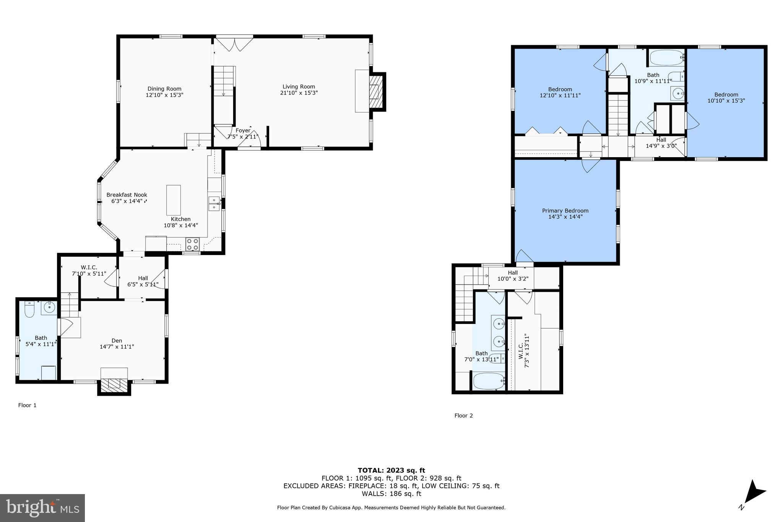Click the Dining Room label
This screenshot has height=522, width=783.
point(164,89)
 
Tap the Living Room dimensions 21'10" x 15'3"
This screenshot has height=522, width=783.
point(299,93)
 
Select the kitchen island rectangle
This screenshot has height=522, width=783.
point(174,200)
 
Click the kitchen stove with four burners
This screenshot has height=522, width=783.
point(192,244)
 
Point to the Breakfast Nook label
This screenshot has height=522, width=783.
point(127,195)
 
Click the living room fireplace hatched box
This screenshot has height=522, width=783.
point(377,92)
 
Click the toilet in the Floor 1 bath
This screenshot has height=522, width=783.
point(29,309)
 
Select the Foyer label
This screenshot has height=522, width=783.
point(243,130)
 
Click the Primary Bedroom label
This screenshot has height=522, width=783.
point(565,211)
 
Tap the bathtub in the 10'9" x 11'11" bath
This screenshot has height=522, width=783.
point(666,58)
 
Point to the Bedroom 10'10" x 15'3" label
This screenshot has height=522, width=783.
point(726,94)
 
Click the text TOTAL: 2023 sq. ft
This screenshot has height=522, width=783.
point(391,470)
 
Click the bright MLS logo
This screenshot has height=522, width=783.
point(42,508)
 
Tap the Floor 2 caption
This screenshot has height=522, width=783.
point(463,416)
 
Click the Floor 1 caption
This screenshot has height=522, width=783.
point(27,405)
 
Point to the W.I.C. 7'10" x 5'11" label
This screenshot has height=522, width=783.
point(89,267)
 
